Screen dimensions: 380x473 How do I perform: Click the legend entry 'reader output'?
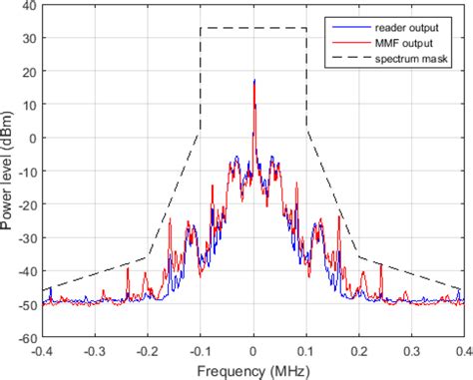(x=410, y=23)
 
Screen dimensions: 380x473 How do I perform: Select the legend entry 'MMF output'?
(x=406, y=41)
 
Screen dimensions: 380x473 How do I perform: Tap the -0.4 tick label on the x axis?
(x=41, y=351)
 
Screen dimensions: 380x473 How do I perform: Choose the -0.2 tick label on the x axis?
(x=147, y=351)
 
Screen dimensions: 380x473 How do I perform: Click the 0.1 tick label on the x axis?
(x=306, y=351)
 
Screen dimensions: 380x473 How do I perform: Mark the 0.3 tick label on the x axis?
(x=411, y=351)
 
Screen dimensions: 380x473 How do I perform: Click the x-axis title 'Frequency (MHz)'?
(x=253, y=370)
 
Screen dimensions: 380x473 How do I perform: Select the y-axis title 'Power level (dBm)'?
(x=9, y=172)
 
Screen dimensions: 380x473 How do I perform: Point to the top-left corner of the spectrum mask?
(x=201, y=28)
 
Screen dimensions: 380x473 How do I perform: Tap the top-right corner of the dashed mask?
(x=306, y=28)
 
